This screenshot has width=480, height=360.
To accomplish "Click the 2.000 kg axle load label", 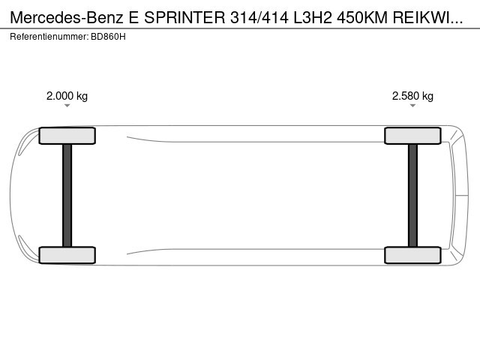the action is [67, 96].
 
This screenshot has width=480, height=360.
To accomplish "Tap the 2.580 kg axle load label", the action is [412, 96].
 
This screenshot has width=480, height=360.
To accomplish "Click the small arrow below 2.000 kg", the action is [67, 106].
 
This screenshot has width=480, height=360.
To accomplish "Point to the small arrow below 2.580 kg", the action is [412, 106].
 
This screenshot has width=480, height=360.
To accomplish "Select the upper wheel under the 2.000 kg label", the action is [67, 136].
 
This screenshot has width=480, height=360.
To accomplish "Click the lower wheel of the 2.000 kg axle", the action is [67, 255].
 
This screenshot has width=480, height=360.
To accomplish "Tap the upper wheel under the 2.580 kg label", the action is [412, 136].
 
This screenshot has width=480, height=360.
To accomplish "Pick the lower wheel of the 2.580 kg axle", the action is [412, 255].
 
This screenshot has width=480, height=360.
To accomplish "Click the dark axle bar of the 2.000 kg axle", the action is [67, 195].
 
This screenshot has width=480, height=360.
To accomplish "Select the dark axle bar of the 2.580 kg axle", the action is [412, 195].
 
